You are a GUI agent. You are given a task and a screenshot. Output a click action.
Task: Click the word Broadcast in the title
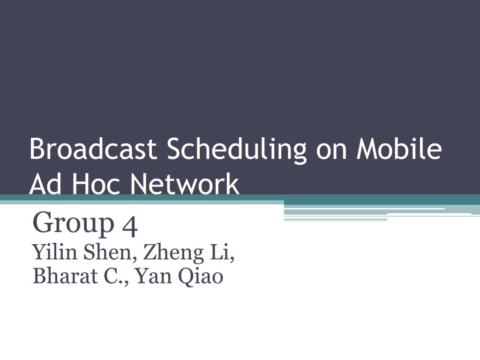(x=93, y=149)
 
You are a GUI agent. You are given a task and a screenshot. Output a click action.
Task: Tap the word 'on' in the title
(x=331, y=152)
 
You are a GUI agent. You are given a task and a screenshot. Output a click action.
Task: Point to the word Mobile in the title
(x=399, y=149)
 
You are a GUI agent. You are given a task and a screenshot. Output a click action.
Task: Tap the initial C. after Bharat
(x=116, y=276)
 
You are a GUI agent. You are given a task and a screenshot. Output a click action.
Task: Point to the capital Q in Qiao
(x=186, y=277)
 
